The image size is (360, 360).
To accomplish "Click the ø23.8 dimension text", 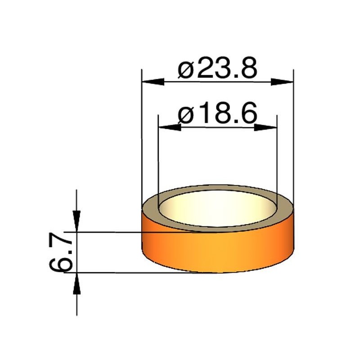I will [x=218, y=69].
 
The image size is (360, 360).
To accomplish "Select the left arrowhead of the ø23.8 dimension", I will [x=152, y=82].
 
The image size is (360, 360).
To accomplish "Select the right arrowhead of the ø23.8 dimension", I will [x=283, y=82].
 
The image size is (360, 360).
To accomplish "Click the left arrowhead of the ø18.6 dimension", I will [x=169, y=127].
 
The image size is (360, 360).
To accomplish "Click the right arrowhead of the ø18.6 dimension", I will [x=265, y=127].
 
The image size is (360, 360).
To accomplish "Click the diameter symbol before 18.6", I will [x=186, y=115].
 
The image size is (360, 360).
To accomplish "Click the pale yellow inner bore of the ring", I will [x=217, y=209].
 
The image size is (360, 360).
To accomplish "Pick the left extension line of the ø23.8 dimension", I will [x=142, y=135].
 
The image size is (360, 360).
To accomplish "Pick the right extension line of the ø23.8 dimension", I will [x=293, y=135].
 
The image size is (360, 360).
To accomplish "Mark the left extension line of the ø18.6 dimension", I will [x=159, y=157].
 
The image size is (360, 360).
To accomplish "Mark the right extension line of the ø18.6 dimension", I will [x=276, y=157].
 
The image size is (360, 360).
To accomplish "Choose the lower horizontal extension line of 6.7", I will [x=135, y=272].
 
